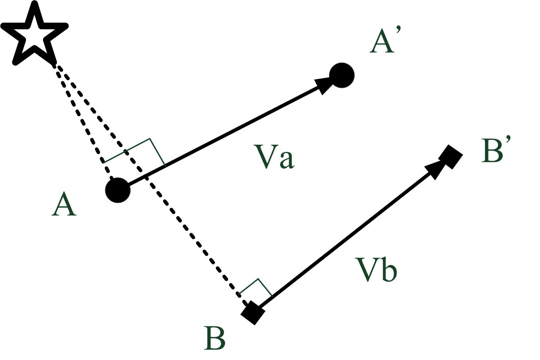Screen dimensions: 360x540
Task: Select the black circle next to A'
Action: (x=341, y=75)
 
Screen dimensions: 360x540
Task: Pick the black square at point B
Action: (x=253, y=313)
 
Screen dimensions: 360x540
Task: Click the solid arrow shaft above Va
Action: (x=222, y=137)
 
